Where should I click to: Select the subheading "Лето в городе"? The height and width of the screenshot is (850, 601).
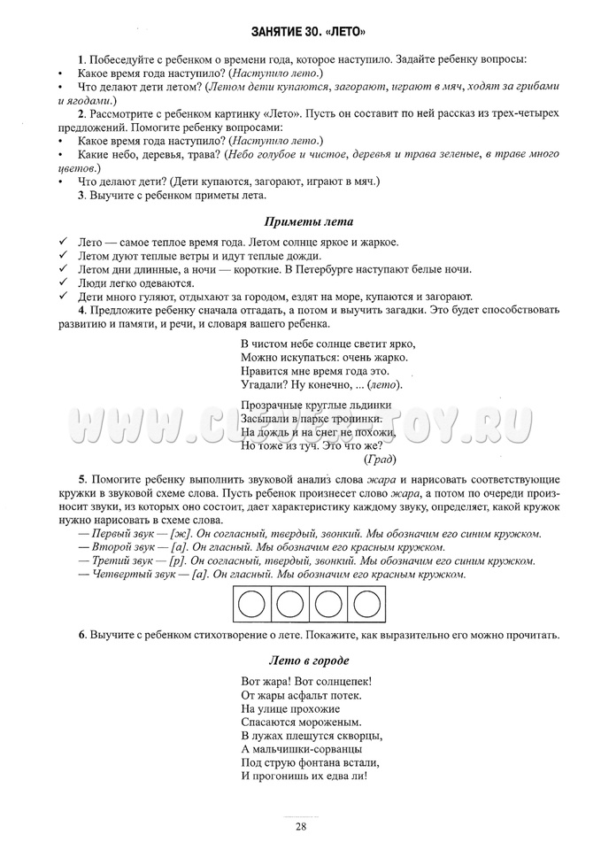(309, 661)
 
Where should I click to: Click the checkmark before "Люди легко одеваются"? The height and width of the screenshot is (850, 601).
(61, 283)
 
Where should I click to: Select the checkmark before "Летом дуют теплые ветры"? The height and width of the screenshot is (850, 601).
(61, 256)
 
